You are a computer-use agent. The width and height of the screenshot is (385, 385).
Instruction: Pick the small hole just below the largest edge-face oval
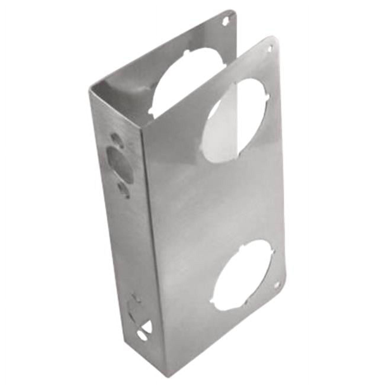tap(123, 187)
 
